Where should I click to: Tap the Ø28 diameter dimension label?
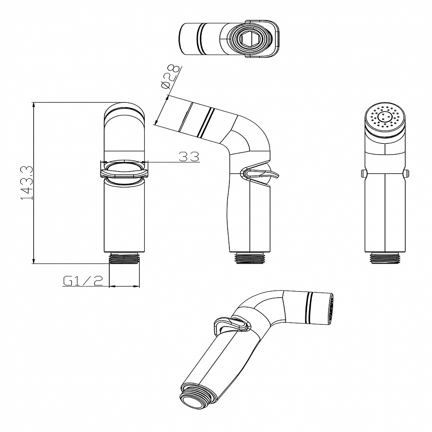(171, 77)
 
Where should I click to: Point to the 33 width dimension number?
(189, 156)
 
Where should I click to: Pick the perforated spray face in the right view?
(385, 118)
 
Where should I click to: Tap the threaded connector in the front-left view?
(124, 258)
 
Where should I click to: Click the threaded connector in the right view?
(385, 258)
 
